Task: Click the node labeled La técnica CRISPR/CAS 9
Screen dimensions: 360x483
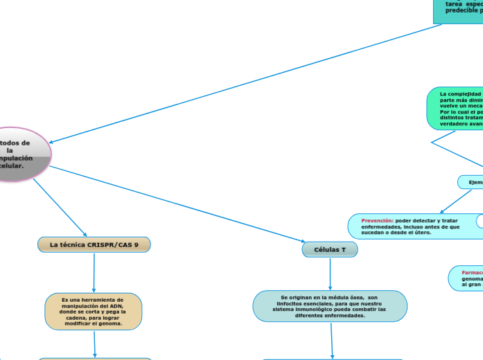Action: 94,244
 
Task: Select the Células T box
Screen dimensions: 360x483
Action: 330,249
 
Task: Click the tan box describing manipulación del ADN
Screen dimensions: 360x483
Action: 94,311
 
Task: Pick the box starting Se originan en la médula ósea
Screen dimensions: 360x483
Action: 330,306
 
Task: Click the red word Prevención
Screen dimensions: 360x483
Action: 377,220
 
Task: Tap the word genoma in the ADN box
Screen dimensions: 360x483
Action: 112,323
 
